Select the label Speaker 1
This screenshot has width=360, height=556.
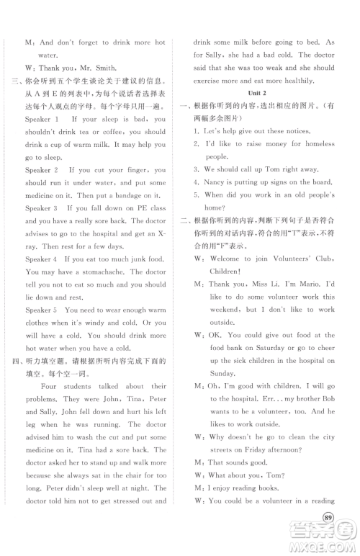(42, 118)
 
